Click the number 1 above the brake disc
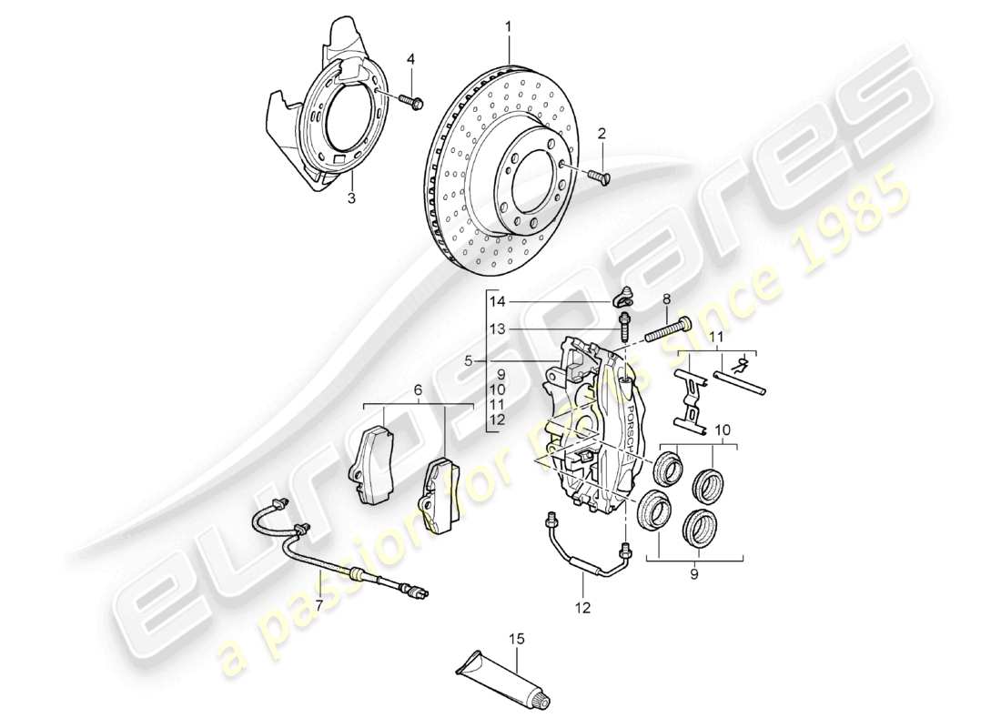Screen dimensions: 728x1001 coord(509,28)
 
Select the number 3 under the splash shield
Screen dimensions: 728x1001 coord(350,197)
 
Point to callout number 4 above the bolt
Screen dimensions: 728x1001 coord(410,60)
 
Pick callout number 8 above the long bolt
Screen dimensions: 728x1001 coord(667,298)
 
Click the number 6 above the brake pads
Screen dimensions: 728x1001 coord(418,389)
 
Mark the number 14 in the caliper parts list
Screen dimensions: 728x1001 coord(495,302)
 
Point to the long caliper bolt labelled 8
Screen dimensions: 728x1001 coord(668,330)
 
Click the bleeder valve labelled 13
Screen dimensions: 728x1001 coord(626,324)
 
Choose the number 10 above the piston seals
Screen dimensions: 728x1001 coord(722,429)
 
